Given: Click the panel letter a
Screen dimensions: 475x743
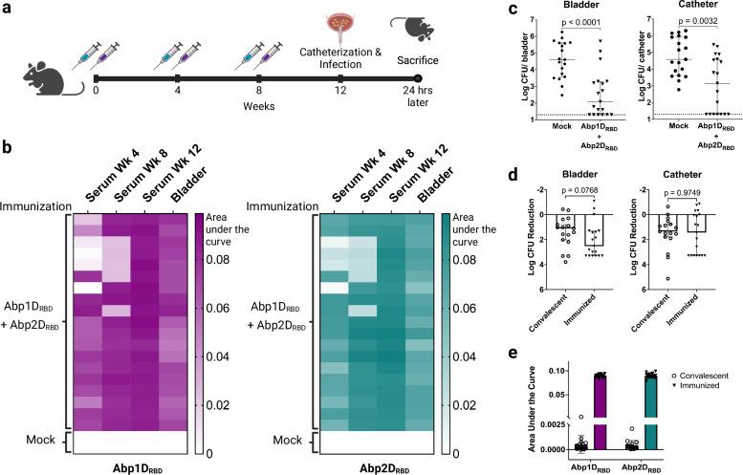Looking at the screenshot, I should click(x=9, y=9).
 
